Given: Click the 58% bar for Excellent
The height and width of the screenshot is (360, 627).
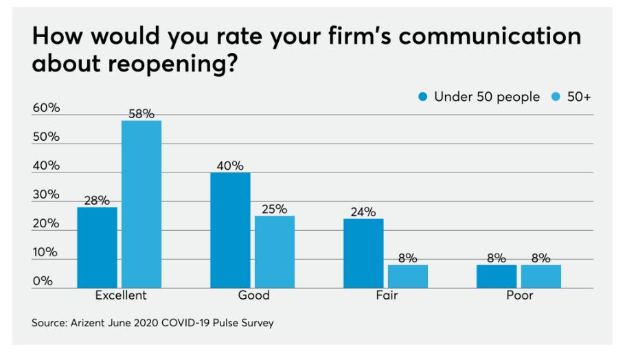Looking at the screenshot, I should (141, 204).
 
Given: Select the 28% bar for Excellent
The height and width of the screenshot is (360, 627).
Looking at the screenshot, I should (97, 247).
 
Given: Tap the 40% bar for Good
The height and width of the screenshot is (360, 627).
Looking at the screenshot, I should (230, 230).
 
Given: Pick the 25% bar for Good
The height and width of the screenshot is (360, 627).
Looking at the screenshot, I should (275, 251).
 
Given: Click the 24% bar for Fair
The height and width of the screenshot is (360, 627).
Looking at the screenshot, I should (363, 253).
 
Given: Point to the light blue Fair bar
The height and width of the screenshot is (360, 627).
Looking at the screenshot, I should (408, 276).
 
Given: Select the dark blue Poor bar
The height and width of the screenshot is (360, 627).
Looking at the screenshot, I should (497, 276).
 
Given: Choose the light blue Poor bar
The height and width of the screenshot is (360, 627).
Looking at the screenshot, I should (541, 276).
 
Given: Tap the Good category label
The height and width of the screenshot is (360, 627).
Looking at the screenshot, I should (253, 296).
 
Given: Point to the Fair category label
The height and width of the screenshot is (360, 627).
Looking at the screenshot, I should (387, 296).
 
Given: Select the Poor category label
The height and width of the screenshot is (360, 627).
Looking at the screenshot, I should (520, 296).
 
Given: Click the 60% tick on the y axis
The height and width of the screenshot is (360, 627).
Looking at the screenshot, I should (45, 108).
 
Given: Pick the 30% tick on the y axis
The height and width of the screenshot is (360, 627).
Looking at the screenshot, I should (45, 194).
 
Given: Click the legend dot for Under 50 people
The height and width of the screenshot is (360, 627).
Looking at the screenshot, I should (423, 98).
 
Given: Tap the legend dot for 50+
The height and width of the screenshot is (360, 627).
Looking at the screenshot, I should (556, 98).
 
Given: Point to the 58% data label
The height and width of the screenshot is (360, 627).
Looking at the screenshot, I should (141, 113).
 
